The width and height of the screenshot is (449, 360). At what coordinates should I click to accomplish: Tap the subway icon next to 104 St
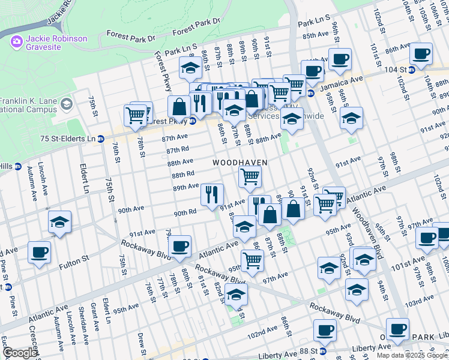pyautogui.click(x=411, y=70)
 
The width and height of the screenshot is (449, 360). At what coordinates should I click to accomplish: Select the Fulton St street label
pyautogui.click(x=76, y=259)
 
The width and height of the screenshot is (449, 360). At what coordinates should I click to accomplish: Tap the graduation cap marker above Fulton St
pyautogui.click(x=59, y=222)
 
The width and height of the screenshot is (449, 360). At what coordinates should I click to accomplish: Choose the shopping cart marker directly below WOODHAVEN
pyautogui.click(x=249, y=176)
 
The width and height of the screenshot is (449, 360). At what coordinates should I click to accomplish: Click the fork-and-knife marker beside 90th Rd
pyautogui.click(x=212, y=194)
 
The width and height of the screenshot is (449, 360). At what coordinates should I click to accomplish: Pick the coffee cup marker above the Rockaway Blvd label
pyautogui.click(x=179, y=245)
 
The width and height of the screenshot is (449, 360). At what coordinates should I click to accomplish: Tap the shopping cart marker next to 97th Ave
pyautogui.click(x=252, y=260)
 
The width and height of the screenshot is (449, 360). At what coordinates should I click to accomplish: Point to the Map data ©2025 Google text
pyautogui.click(x=412, y=355)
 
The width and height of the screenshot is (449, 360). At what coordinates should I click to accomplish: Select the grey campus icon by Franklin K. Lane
pyautogui.click(x=65, y=104)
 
